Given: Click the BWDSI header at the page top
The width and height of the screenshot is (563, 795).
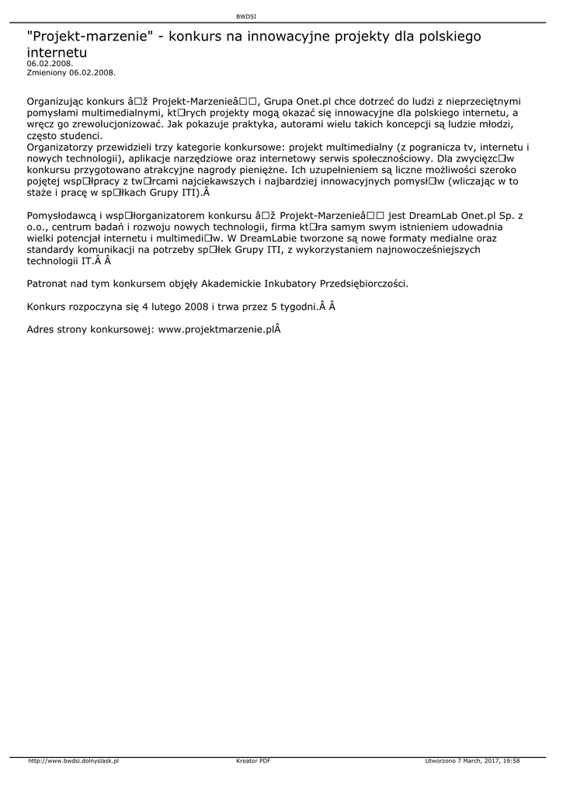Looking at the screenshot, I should coord(245,16).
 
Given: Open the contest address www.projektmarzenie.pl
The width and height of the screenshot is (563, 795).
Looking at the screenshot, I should coord(218,329).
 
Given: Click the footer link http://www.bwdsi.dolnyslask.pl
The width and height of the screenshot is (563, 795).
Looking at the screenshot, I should coord(73,761).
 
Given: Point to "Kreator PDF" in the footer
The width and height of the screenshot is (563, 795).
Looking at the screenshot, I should coord(253,761).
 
